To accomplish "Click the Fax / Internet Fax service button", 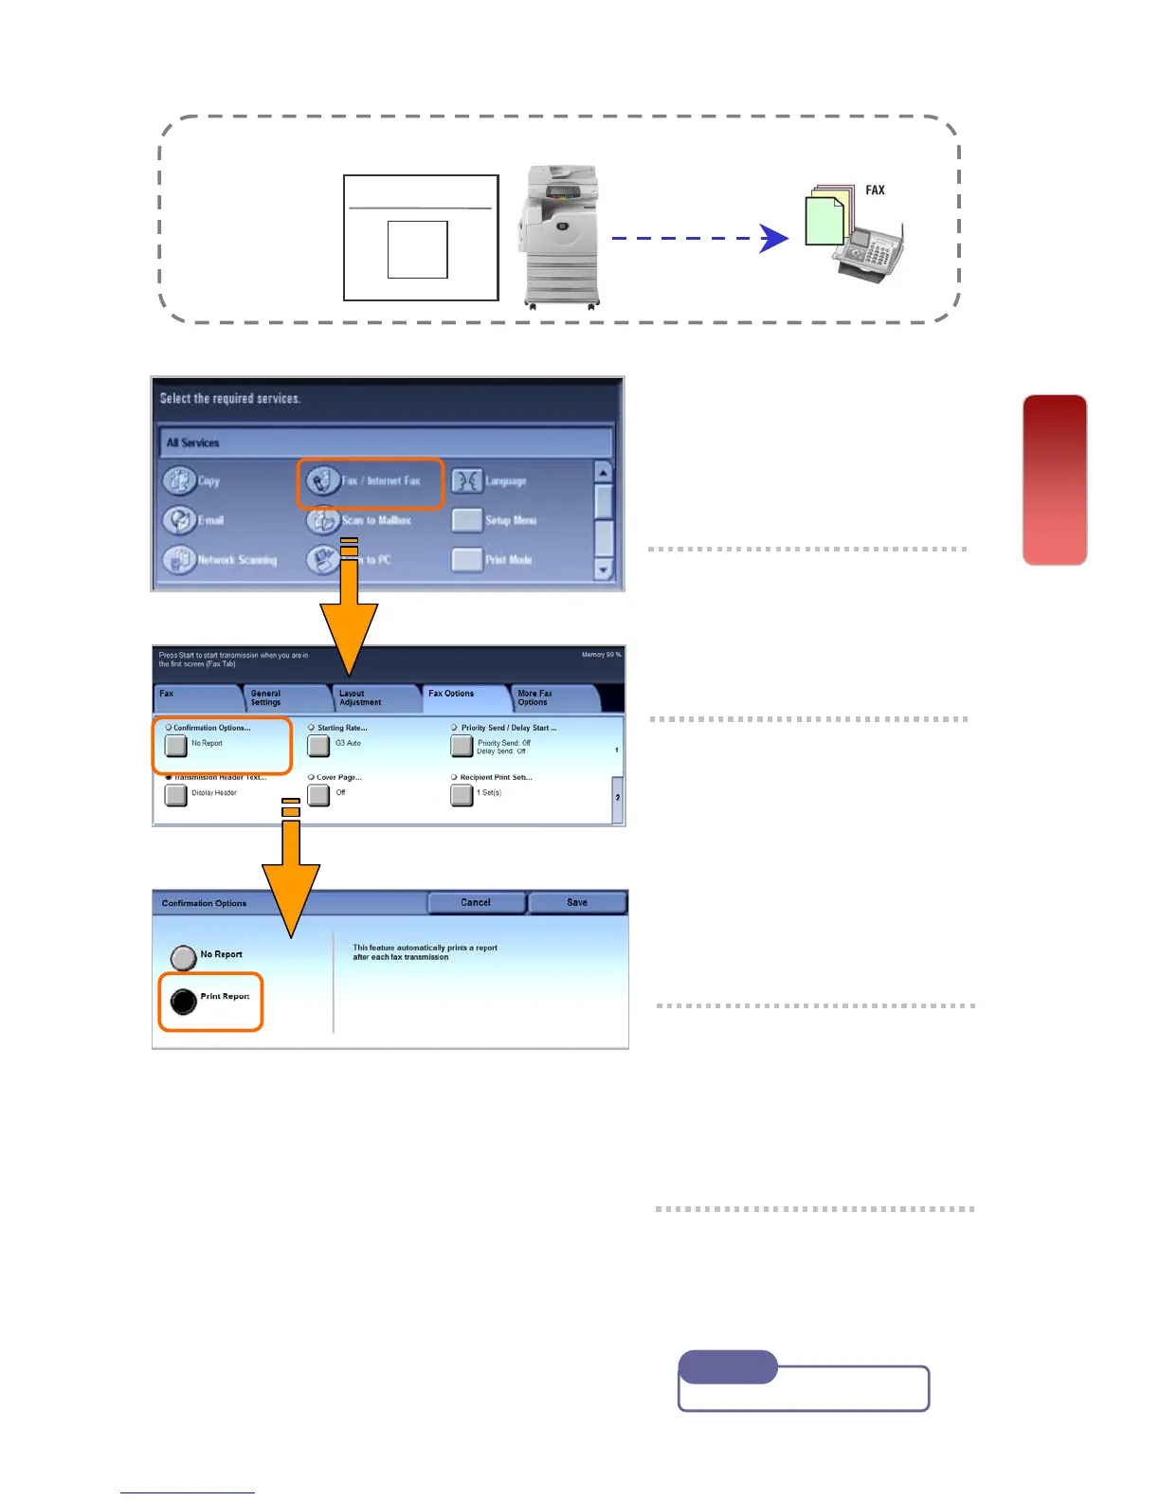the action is [x=371, y=481].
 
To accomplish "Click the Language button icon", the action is [x=467, y=481].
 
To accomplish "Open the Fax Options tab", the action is [x=462, y=697].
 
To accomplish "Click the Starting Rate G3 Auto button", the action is [x=319, y=746].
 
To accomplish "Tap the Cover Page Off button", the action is [x=319, y=795].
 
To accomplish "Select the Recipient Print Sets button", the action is [x=462, y=795].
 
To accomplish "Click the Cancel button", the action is [x=476, y=903].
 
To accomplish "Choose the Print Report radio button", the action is [x=184, y=1001].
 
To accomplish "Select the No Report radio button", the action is [x=184, y=958].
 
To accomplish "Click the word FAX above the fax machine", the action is [x=875, y=190].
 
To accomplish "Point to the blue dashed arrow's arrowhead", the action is [x=775, y=239].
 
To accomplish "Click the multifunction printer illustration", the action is [x=561, y=236].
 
